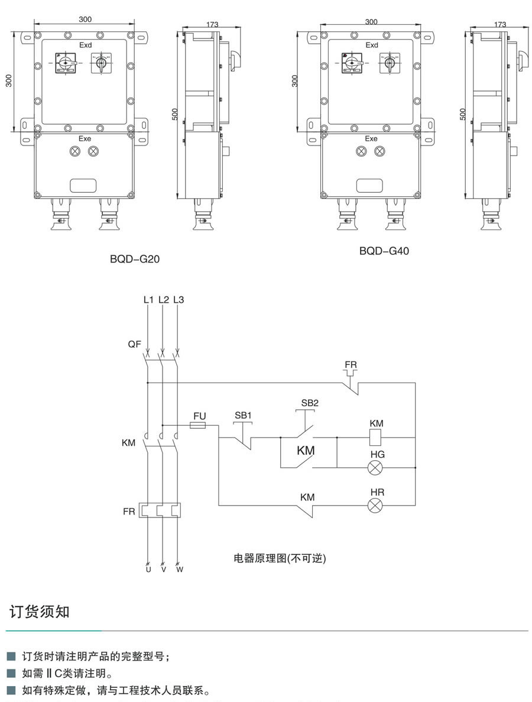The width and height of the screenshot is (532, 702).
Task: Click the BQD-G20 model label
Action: [135, 258]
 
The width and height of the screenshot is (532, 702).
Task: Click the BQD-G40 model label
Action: [384, 251]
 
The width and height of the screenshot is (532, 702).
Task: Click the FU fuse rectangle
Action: [197, 425]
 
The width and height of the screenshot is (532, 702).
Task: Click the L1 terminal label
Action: [148, 300]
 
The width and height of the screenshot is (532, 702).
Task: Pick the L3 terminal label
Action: [179, 300]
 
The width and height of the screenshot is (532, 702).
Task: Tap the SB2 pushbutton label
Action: [310, 403]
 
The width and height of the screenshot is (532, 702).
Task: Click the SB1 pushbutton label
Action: [243, 415]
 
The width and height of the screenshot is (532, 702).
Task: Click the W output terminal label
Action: [180, 570]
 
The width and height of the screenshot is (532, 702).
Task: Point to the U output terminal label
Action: [148, 570]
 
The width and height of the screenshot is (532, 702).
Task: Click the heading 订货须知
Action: [39, 611]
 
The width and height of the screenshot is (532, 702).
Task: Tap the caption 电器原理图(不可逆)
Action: [280, 558]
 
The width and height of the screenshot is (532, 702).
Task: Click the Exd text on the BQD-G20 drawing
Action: [86, 45]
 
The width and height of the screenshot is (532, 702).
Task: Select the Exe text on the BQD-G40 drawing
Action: [371, 138]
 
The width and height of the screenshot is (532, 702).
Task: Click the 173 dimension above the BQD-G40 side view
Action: [499, 24]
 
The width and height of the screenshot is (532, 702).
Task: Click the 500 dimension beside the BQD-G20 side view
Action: [175, 114]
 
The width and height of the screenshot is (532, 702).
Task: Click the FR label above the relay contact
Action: [351, 364]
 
